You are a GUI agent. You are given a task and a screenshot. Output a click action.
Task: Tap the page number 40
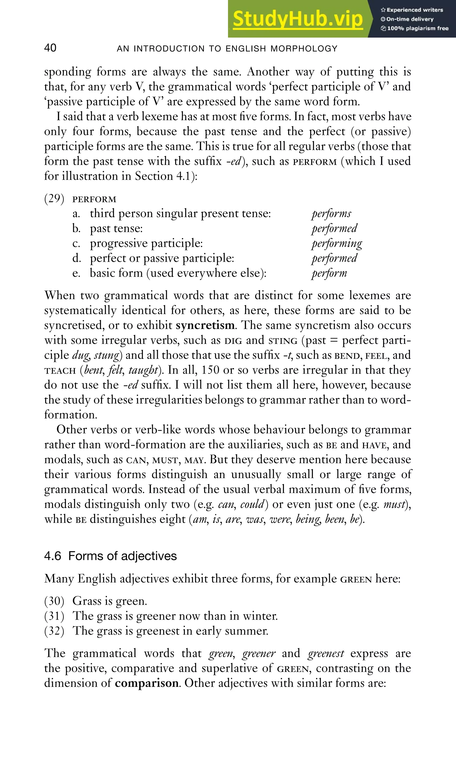coord(50,48)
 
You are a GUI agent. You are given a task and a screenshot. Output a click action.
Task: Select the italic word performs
coord(331,213)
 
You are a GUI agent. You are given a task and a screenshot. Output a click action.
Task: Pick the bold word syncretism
coord(205,325)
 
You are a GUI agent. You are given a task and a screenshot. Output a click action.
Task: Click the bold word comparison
coord(147,683)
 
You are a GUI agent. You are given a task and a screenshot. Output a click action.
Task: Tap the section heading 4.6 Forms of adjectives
coord(110,556)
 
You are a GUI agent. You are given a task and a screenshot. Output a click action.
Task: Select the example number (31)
coord(54,616)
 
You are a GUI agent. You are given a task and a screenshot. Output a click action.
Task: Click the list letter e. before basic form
coord(76,273)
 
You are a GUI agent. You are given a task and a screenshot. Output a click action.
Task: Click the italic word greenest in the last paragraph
coord(326,653)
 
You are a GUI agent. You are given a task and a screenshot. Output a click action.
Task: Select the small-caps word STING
coord(283,340)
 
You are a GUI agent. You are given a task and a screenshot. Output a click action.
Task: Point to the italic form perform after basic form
coord(329,273)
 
